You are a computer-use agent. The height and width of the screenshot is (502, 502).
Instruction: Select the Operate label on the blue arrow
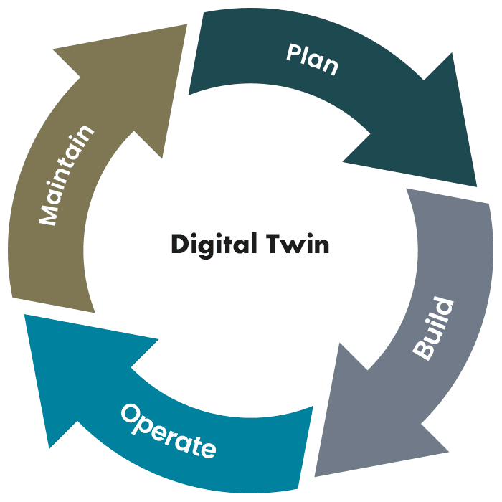(168, 430)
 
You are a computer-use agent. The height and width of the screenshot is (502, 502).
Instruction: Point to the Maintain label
(67, 175)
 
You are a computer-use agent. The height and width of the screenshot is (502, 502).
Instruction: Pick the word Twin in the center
(298, 244)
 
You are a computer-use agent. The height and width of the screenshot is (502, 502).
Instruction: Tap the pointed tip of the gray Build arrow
(316, 474)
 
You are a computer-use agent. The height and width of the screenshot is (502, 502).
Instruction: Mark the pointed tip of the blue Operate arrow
(26, 316)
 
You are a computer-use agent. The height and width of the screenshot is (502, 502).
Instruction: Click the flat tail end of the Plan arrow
(196, 54)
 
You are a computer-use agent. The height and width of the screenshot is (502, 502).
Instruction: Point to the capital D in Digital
(179, 244)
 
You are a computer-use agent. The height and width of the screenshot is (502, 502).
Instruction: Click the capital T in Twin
(273, 244)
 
